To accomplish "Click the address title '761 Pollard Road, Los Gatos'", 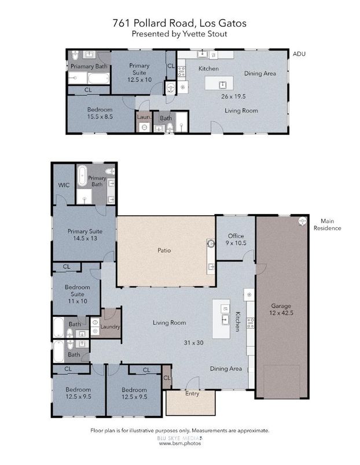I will [x=179, y=24].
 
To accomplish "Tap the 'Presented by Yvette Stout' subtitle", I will [x=179, y=34].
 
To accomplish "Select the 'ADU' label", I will [x=299, y=54].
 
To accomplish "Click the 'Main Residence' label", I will [x=331, y=224].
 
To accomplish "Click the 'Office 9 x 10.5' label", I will [x=236, y=239].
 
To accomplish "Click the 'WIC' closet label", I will [x=64, y=186].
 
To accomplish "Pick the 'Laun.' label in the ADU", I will [x=144, y=117].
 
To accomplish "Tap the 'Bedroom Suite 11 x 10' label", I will [x=77, y=294].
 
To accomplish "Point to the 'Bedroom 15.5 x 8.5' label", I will [x=100, y=113].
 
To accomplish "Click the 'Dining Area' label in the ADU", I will [x=260, y=73].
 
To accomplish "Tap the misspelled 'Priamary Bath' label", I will [x=89, y=67].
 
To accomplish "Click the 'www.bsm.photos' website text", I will [x=179, y=443].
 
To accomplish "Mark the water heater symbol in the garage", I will [x=302, y=222].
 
